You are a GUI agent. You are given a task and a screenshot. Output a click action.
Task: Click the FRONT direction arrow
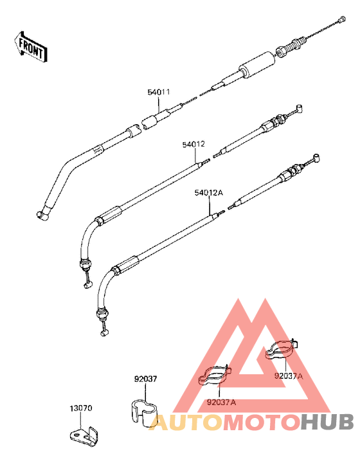tap(30, 47)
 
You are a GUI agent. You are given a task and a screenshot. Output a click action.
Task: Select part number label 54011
tap(159, 92)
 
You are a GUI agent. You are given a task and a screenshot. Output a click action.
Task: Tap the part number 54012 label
tap(194, 145)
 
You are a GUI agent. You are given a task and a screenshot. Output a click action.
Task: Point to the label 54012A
tap(209, 193)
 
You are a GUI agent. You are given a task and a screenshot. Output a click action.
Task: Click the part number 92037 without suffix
tap(146, 379)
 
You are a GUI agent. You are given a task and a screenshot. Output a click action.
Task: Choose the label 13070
tap(81, 408)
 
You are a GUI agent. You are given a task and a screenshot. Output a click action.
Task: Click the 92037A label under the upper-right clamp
tap(288, 376)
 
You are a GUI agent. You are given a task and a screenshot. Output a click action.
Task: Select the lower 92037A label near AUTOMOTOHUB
tap(221, 402)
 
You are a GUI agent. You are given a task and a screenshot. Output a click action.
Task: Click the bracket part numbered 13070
tap(84, 435)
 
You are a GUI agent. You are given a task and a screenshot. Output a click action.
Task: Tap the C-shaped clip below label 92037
tap(144, 413)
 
